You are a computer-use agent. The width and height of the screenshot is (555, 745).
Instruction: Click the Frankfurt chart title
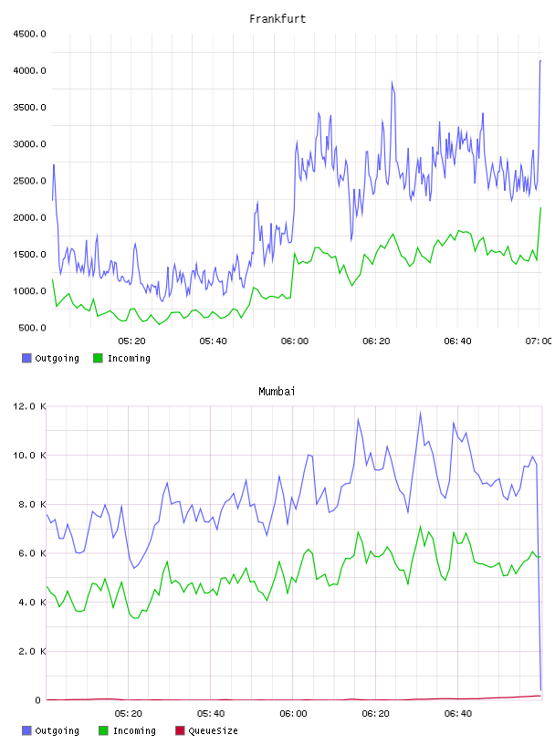point(277,18)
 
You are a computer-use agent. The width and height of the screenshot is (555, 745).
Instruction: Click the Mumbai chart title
point(277,391)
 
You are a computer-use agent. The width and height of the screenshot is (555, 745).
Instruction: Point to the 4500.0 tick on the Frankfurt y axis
point(29,34)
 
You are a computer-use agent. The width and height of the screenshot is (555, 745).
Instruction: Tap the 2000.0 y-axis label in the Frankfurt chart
point(29,217)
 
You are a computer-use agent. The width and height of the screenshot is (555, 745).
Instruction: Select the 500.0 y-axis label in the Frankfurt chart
point(32,328)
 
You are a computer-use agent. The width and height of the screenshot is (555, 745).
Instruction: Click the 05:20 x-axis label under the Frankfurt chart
point(131,341)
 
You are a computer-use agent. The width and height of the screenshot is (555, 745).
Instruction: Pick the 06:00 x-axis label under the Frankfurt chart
point(295,341)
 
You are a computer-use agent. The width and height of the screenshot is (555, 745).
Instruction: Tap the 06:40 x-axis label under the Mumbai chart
point(458,713)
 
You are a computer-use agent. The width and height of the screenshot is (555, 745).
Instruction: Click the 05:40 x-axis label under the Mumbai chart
point(211,713)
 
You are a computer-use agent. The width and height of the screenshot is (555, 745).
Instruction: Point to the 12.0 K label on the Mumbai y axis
point(29,406)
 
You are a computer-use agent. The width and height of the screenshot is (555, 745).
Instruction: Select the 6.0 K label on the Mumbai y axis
point(32,553)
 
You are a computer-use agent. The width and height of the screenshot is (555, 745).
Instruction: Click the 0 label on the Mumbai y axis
point(38,700)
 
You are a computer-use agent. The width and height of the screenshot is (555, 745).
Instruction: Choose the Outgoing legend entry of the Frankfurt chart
point(50,358)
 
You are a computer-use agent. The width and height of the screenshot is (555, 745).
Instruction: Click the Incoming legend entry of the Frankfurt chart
point(121,358)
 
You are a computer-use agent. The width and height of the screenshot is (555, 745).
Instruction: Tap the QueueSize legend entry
point(206,730)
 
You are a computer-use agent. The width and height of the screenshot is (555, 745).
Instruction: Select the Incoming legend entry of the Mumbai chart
point(127,730)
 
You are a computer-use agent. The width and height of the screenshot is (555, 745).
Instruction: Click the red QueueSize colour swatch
point(180,730)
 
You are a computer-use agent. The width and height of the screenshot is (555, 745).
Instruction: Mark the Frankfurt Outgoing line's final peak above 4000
point(540,61)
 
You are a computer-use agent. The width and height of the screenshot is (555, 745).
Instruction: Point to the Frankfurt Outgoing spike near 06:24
point(392,82)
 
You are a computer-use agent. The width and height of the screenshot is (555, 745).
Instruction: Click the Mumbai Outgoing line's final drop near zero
point(540,689)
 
